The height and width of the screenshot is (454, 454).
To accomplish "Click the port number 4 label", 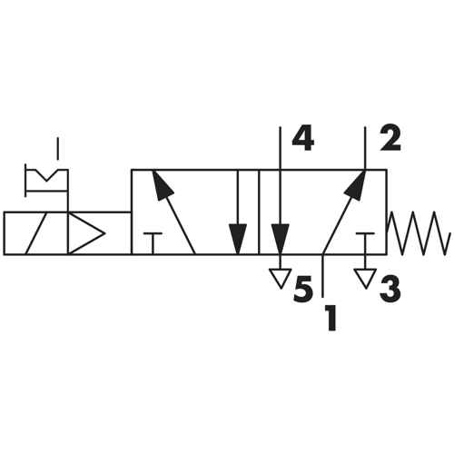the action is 303,140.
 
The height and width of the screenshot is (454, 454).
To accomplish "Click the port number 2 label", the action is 390,139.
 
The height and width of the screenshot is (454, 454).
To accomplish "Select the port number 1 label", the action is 331,318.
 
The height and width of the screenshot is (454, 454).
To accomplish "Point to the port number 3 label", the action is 390,290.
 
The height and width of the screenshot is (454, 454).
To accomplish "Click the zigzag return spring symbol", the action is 419,233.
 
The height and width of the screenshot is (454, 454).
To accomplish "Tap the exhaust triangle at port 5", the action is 281,279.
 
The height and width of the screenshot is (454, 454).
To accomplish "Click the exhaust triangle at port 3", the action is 365,279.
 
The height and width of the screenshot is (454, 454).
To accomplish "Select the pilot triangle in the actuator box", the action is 86,233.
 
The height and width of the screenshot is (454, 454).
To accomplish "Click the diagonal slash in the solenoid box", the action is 36,233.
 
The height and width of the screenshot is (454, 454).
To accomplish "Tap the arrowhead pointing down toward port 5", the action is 281,239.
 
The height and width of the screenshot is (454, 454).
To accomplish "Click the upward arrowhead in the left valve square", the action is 163,185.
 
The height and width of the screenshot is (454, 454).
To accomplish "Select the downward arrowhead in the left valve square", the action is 238,239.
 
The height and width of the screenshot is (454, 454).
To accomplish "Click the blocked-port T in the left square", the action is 153,243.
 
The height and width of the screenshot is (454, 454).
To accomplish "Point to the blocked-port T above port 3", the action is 365,243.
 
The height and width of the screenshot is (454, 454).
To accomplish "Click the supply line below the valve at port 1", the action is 323,275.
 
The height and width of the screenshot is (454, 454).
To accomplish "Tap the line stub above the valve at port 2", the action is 365,148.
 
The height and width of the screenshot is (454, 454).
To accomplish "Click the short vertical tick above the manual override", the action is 57,148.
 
